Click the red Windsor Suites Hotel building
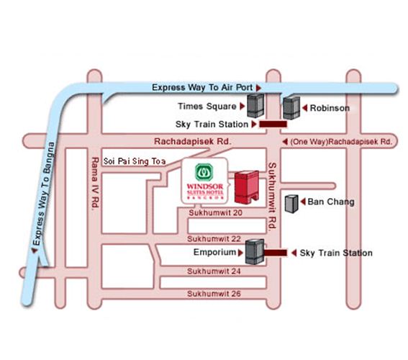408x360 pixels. (246, 187)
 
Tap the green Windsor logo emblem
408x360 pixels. (204, 172)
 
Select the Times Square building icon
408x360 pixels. (255, 106)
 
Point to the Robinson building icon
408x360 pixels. (291, 108)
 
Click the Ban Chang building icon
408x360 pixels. (291, 204)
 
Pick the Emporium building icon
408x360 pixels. (255, 252)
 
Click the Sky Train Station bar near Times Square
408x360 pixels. (273, 124)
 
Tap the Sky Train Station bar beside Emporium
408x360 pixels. (276, 253)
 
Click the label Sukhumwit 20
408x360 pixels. (215, 212)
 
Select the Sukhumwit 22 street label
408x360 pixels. (214, 239)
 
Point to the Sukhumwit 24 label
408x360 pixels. (214, 271)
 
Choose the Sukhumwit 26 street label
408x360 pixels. (214, 294)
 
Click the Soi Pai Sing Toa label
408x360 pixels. (135, 161)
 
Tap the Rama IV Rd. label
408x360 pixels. (96, 182)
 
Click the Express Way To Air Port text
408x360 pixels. (202, 87)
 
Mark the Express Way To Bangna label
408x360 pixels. (44, 194)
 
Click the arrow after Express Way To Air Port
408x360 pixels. (258, 88)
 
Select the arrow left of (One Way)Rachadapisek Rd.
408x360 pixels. (285, 142)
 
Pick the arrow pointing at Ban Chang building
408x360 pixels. (303, 202)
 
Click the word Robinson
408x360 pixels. (330, 108)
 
